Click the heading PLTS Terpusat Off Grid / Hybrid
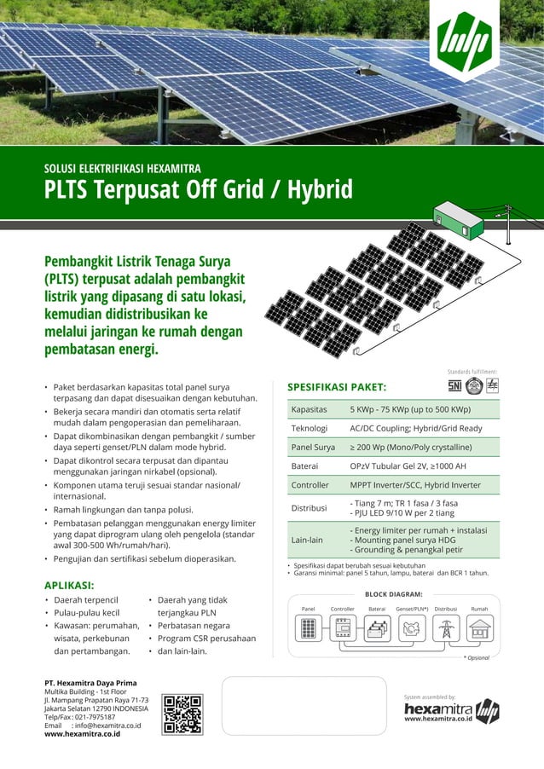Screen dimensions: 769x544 pos(198,188)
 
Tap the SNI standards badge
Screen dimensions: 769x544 pos(455,385)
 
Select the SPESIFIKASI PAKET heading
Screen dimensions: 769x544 pos(337,387)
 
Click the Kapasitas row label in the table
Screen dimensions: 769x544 pos(310,408)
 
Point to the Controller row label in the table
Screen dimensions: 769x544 pos(310,485)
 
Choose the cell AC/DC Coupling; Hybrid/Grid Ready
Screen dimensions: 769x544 pos(415,428)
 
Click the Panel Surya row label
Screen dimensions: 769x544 pos(313,447)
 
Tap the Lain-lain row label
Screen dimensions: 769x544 pos(307,540)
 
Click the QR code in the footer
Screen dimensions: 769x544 pos(182,714)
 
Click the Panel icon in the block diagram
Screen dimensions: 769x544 pos(308,629)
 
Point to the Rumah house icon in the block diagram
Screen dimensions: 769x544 pos(479,629)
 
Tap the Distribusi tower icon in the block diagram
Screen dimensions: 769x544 pos(445,629)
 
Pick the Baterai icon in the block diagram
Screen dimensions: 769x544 pos(377,629)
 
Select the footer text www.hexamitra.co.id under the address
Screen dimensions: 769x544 pos(82,733)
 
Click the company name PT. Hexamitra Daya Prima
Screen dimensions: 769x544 pos(90,683)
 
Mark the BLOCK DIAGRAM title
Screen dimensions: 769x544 pos(393,593)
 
